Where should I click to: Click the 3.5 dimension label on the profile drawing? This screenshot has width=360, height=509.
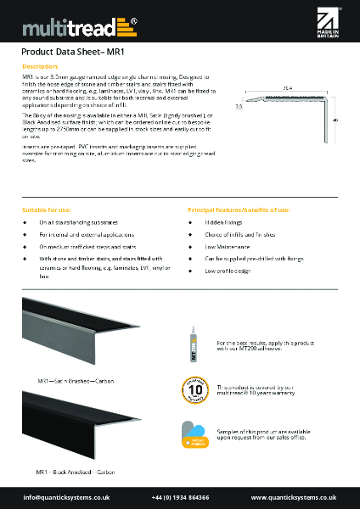pos(239,107)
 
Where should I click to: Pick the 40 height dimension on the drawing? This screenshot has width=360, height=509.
pos(336,120)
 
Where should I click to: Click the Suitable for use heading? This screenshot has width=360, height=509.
pos(46,209)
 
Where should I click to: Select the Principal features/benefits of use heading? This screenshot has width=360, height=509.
pos(239,209)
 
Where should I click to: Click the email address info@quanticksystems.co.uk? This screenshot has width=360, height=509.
pos(62,497)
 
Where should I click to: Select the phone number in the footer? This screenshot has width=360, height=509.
pos(181,497)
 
